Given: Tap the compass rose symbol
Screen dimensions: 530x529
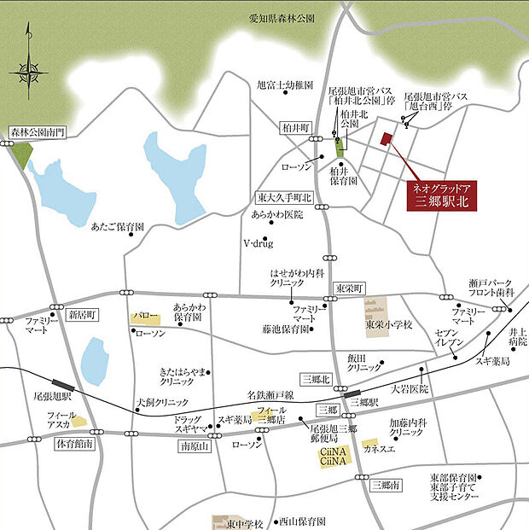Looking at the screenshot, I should [x=27, y=67].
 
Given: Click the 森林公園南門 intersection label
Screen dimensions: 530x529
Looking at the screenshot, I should [x=37, y=133].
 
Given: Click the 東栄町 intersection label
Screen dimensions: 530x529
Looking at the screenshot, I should [x=349, y=287].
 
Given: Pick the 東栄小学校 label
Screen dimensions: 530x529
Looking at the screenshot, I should [x=389, y=325].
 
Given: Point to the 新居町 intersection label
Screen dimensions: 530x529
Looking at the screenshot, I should [x=84, y=314].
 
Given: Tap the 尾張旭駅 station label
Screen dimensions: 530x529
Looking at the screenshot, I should [x=51, y=397].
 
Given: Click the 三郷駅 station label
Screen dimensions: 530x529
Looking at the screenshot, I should [x=363, y=401].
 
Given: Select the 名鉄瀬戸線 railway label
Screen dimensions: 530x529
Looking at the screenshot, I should [x=270, y=395].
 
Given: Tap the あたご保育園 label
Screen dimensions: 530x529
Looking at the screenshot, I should [x=118, y=228].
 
